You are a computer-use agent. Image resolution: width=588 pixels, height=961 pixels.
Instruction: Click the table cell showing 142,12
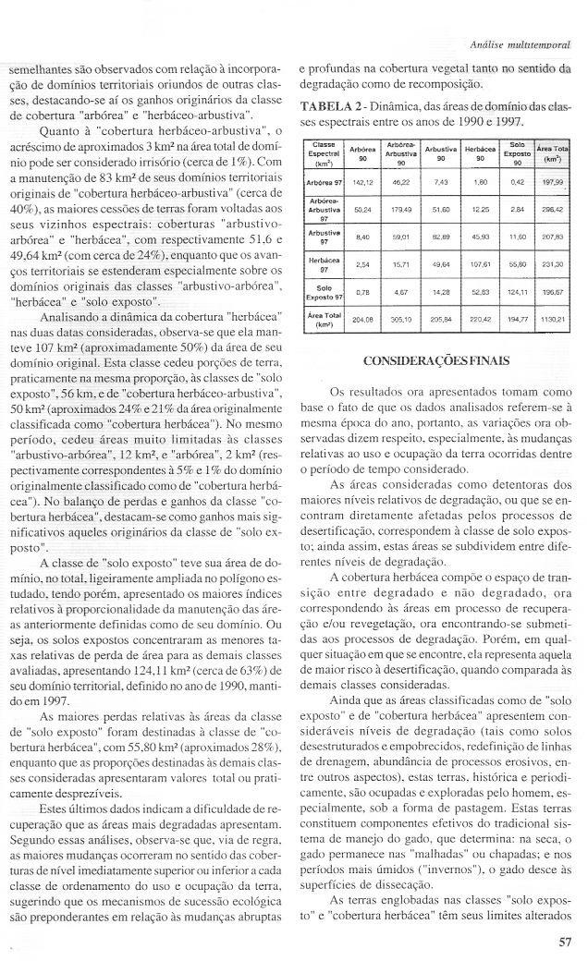click(x=364, y=183)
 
